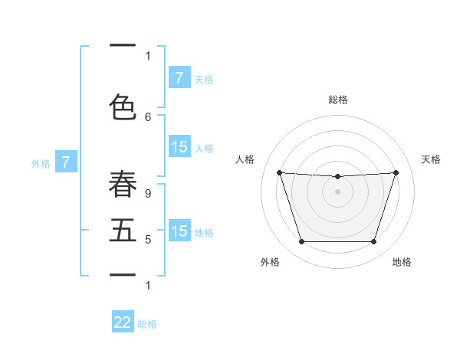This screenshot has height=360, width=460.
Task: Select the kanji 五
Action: point(123,231)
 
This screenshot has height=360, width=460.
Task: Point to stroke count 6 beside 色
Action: point(148,116)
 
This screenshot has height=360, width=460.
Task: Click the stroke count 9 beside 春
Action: point(148,194)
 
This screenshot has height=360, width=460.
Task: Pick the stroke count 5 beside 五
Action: point(148,240)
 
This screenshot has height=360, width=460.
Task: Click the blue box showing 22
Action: point(123,322)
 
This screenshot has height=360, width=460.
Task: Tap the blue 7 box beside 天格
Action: point(179,78)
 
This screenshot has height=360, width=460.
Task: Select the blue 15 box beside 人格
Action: point(179,147)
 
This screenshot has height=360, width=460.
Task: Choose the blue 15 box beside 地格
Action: point(179,231)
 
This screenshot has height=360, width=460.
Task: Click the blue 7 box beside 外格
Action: point(67,162)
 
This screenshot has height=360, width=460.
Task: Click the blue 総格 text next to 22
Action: point(147,324)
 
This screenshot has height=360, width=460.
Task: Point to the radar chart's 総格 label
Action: point(337,100)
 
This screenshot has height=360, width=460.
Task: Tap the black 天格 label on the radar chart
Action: point(432,159)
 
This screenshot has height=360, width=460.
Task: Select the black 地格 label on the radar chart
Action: point(402,262)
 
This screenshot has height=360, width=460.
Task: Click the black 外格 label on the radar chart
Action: point(270,262)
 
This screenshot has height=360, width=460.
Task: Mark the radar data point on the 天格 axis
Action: point(396,172)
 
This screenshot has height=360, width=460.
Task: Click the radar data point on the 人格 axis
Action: point(279,172)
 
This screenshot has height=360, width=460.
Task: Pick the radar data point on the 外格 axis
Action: point(301,242)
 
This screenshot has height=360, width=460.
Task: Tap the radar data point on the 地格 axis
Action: point(373,242)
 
